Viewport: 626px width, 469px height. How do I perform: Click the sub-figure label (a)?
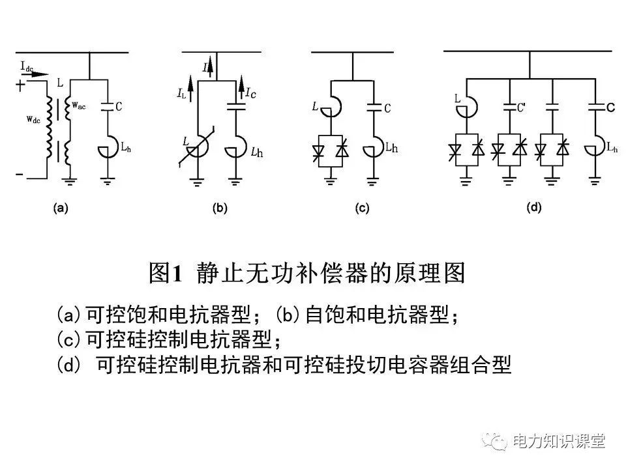tap(60, 208)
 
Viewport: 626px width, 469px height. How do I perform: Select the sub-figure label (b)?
tap(219, 208)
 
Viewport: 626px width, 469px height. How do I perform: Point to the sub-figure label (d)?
tap(533, 208)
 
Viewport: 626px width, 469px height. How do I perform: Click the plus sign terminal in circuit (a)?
tap(21, 85)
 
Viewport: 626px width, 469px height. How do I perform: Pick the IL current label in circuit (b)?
tap(181, 94)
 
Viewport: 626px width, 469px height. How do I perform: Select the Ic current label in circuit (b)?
tap(250, 94)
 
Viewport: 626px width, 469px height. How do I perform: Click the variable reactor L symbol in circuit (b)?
tap(196, 150)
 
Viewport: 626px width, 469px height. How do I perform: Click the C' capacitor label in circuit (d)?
tap(521, 107)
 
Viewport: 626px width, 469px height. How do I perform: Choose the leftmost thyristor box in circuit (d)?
tap(465, 150)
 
